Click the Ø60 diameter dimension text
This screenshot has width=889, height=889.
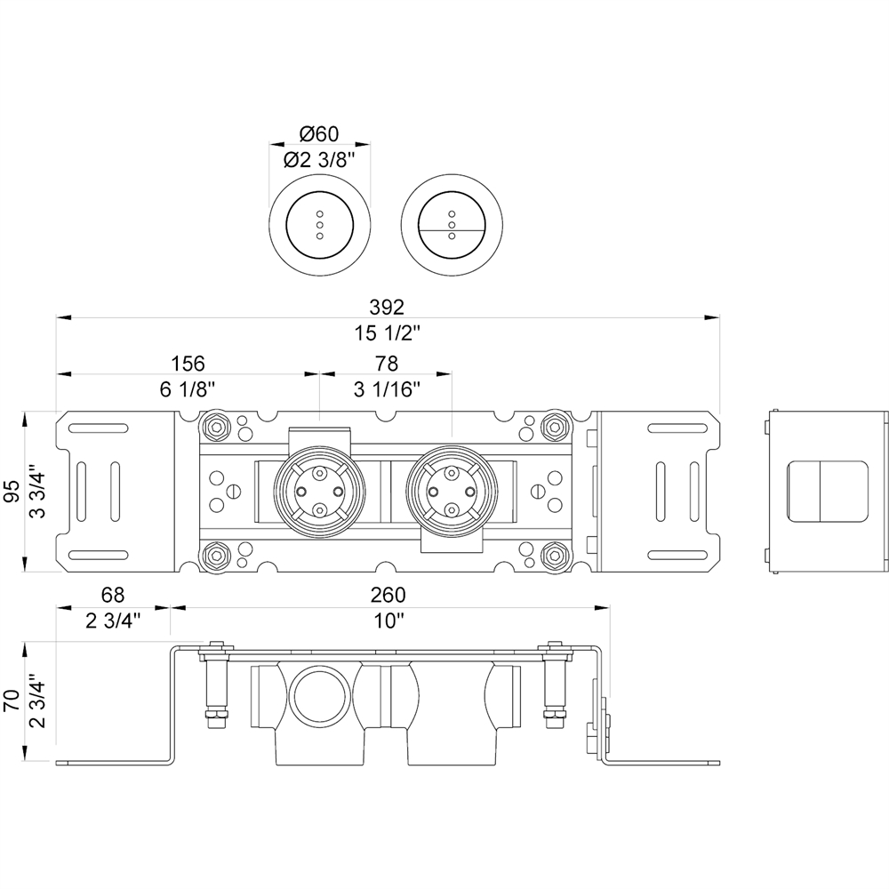(320, 134)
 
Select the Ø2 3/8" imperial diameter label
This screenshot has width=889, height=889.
(320, 160)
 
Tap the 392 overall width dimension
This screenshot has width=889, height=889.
(387, 307)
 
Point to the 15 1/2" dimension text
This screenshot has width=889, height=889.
(387, 333)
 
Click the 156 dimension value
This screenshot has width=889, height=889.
(188, 364)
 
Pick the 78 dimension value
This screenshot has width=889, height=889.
(387, 364)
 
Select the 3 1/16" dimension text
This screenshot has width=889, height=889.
(387, 389)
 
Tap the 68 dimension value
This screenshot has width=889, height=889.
(113, 594)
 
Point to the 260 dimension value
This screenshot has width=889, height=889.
(388, 594)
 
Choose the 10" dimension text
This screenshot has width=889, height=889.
(388, 621)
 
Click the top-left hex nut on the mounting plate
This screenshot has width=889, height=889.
(214, 426)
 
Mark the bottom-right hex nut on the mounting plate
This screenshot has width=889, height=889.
(555, 557)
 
